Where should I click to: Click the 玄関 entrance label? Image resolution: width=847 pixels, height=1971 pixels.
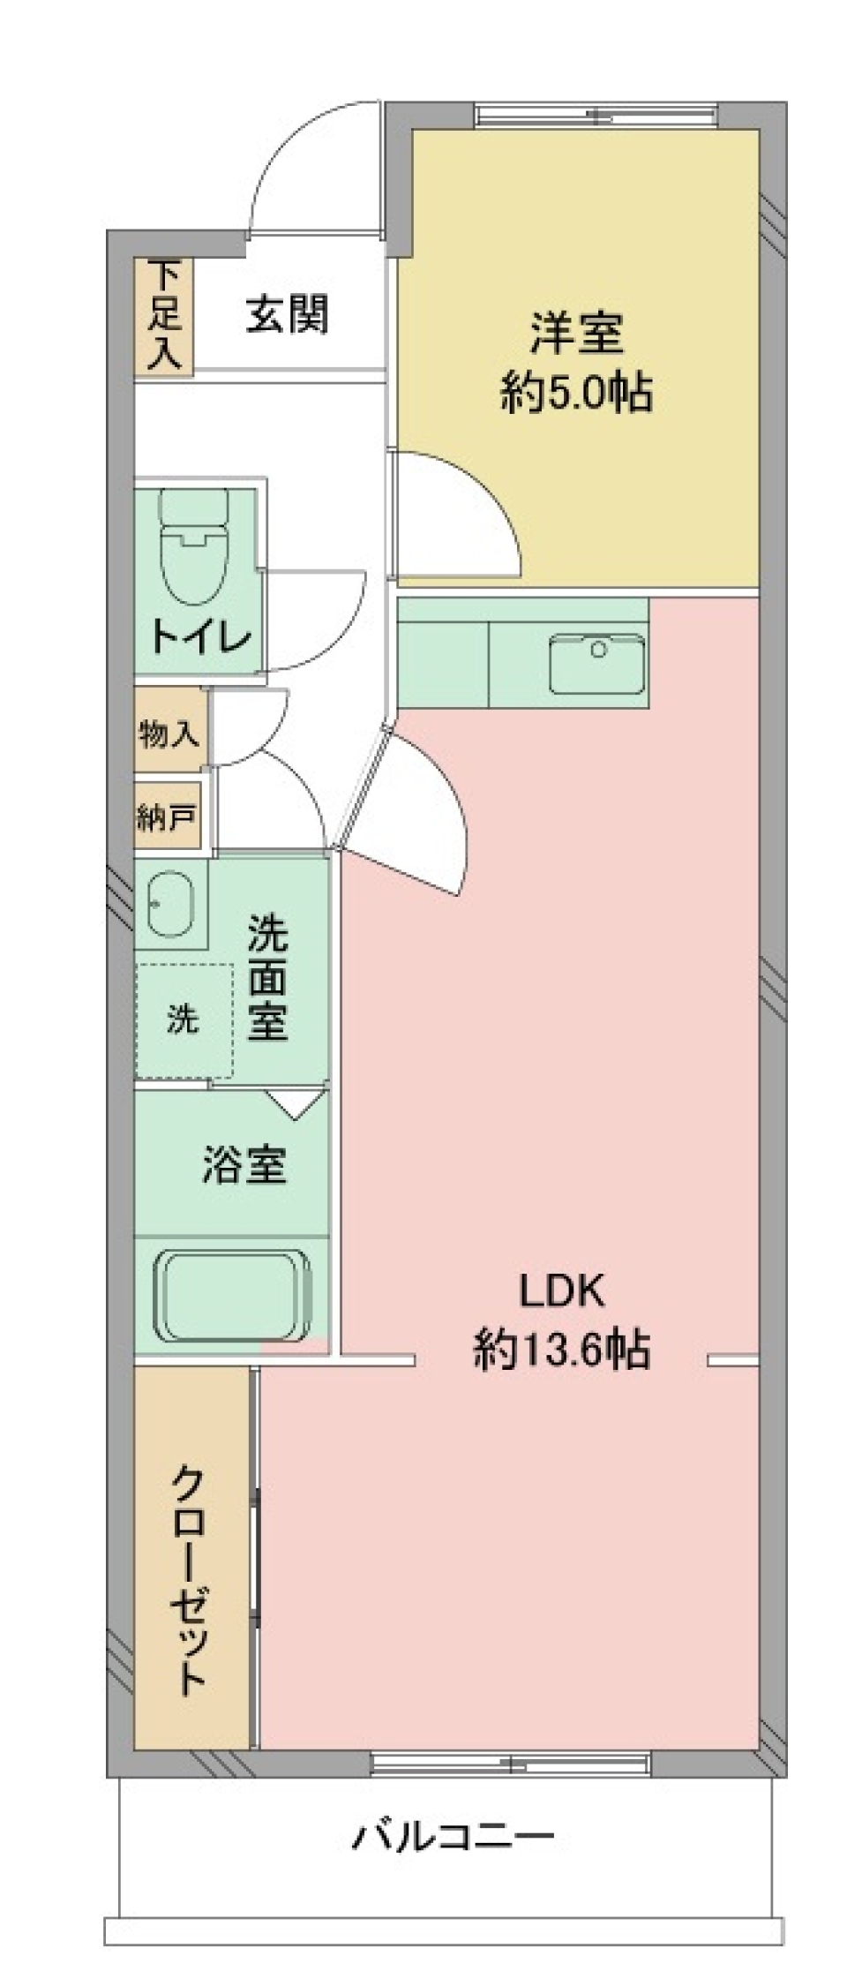[x=287, y=315]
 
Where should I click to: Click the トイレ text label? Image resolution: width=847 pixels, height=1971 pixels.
[x=201, y=636]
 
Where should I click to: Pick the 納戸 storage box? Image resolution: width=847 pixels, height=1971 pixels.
[x=166, y=818]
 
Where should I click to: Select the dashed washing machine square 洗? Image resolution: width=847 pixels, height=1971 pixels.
[x=184, y=1020]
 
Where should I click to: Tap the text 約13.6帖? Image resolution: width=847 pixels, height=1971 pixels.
[x=562, y=1349]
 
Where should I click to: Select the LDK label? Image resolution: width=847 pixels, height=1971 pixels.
[x=562, y=1291]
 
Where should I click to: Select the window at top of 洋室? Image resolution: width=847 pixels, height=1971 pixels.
[x=596, y=116]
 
